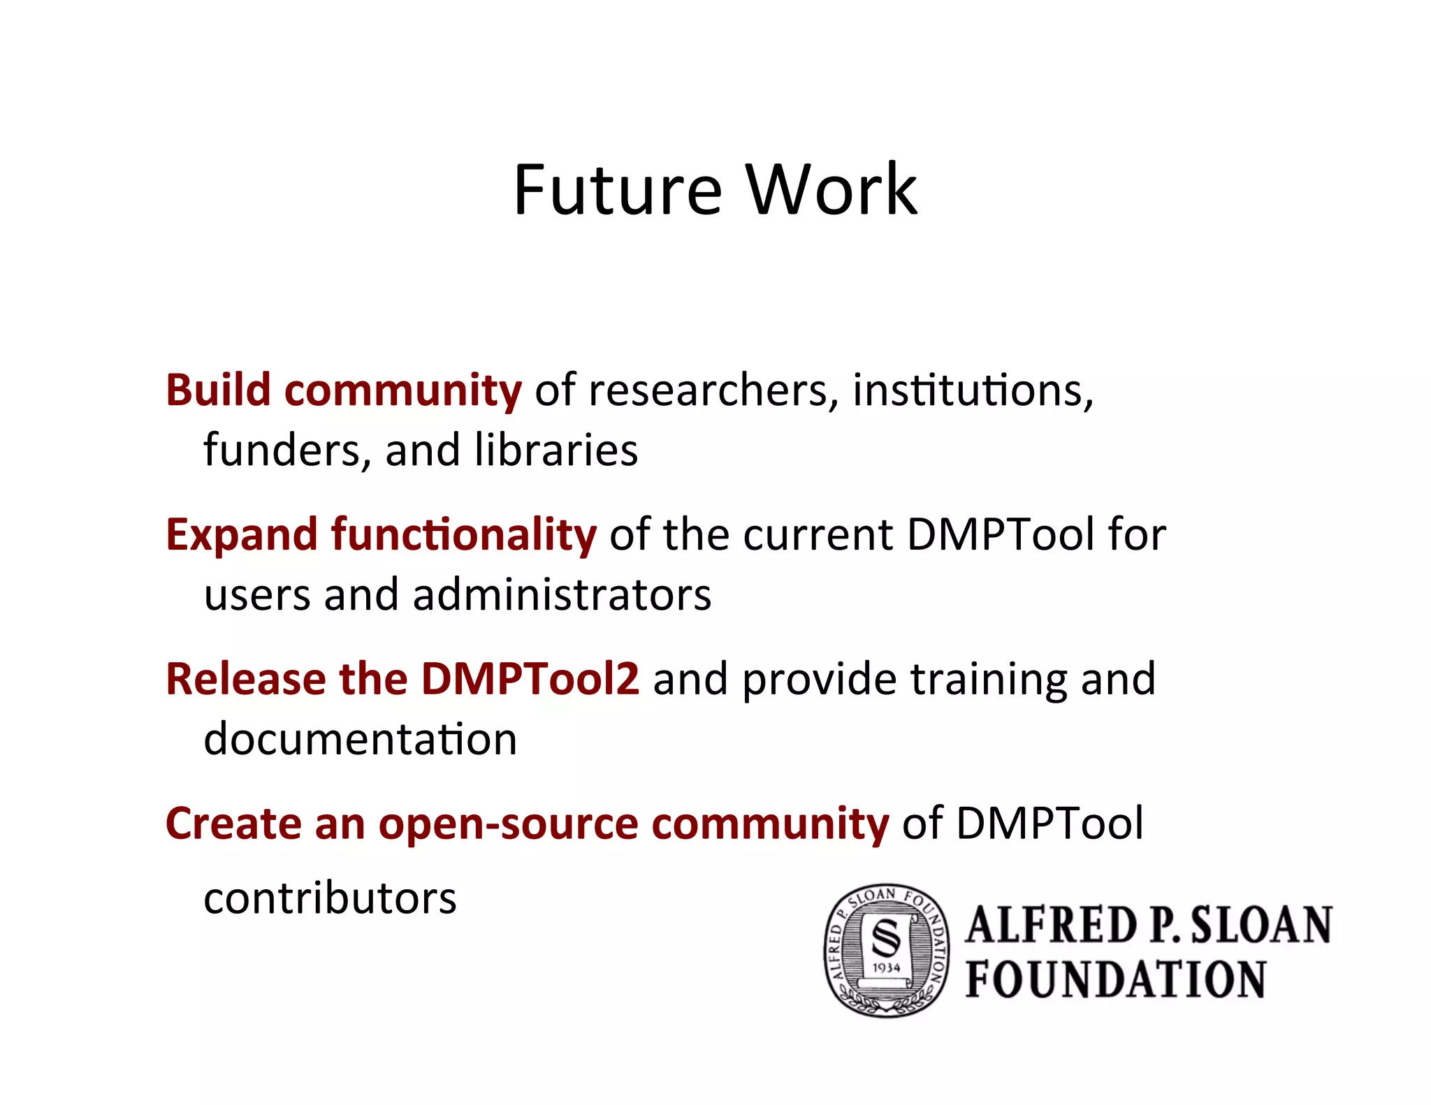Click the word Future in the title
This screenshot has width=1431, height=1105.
click(x=617, y=189)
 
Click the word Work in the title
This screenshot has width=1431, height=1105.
click(x=831, y=189)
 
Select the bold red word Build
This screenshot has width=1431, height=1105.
click(x=217, y=390)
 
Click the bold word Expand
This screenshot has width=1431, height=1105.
click(x=242, y=535)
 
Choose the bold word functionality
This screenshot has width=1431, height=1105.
click(x=464, y=535)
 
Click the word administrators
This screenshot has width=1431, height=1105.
click(x=562, y=595)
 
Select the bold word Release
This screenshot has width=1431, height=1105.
click(x=245, y=679)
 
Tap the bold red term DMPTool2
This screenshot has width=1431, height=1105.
click(x=530, y=679)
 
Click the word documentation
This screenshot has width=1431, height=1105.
click(x=360, y=740)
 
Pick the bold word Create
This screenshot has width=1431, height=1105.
click(x=233, y=824)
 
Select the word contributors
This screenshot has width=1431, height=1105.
click(x=330, y=899)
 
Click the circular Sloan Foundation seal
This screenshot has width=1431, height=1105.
click(x=886, y=950)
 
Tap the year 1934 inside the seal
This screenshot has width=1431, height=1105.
click(x=886, y=968)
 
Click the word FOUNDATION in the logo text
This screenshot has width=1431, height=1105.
click(x=1116, y=979)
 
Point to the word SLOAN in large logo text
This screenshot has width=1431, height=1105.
click(x=1261, y=925)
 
